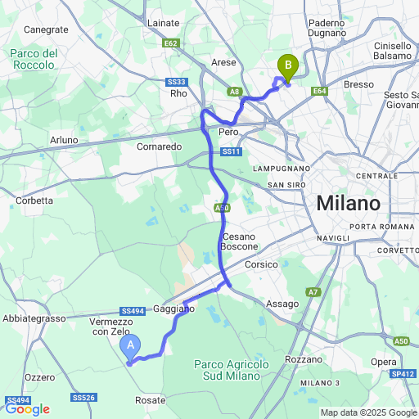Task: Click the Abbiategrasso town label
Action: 34,318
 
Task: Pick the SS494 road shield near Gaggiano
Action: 131,311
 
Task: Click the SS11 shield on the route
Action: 230,152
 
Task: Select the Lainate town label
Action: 163,24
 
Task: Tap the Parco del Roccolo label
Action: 34,59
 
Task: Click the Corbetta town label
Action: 34,200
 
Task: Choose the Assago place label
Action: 282,304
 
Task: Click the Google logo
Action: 27,409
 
